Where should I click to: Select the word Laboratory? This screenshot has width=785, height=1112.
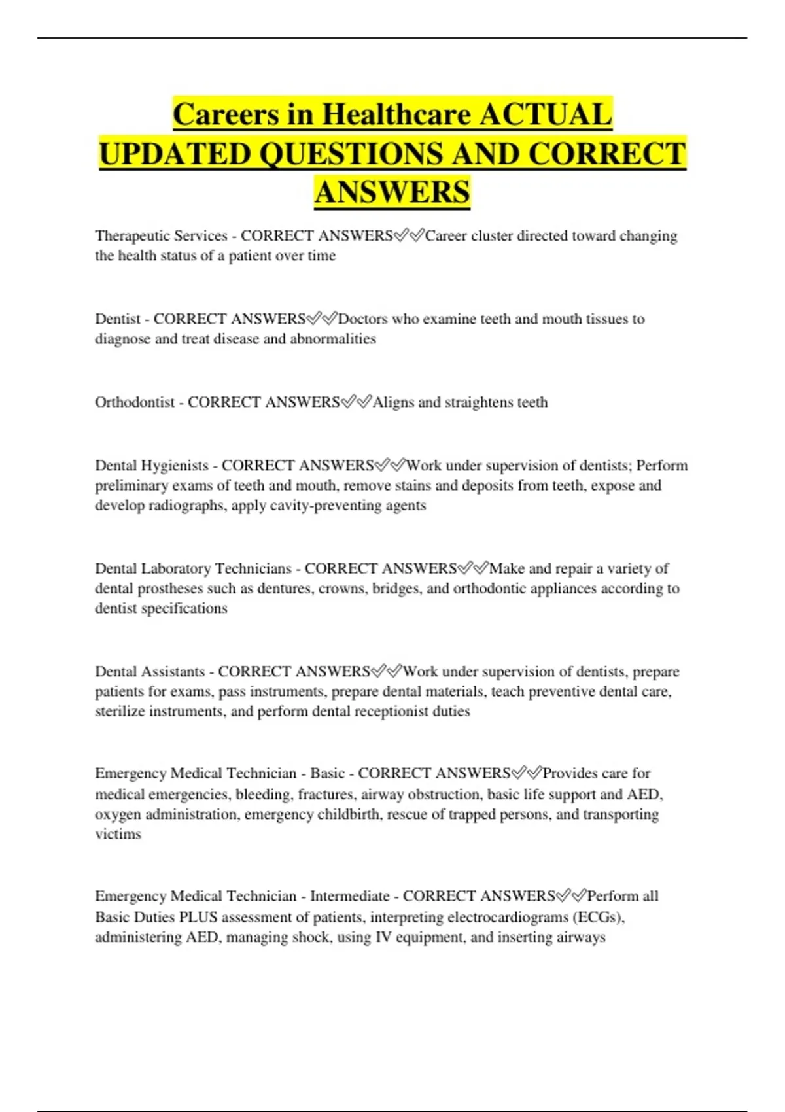tap(176, 568)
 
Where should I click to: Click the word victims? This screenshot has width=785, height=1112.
tap(118, 834)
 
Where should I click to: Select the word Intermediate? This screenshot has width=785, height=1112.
tap(349, 896)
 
